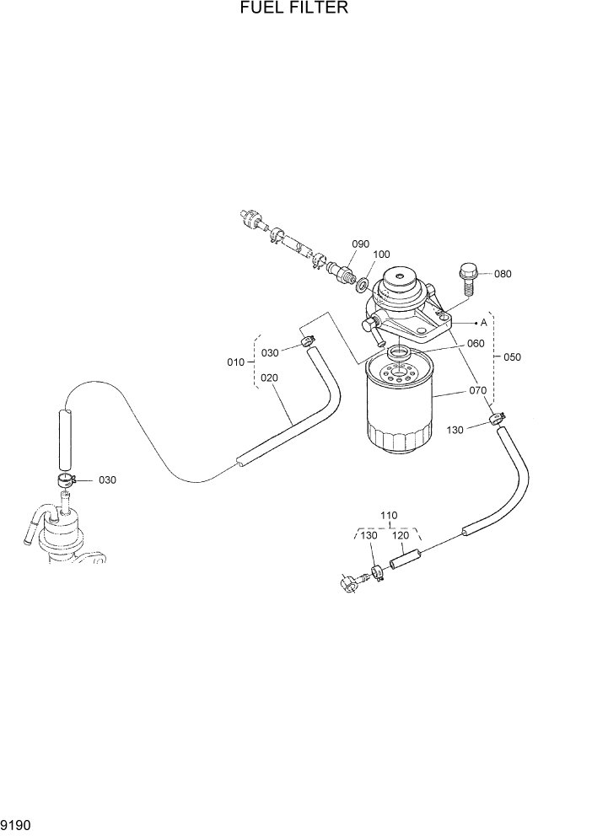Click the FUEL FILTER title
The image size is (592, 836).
[x=294, y=8]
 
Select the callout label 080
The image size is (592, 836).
[x=503, y=274]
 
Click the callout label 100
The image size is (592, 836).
[x=380, y=255]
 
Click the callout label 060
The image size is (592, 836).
[x=476, y=343]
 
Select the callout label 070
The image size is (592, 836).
[x=477, y=390]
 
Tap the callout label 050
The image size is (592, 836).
[x=512, y=356]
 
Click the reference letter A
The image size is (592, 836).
[x=484, y=322]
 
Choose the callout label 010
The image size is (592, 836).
[x=236, y=362]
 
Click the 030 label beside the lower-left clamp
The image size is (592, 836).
[x=107, y=480]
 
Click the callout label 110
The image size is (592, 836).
[x=389, y=515]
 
